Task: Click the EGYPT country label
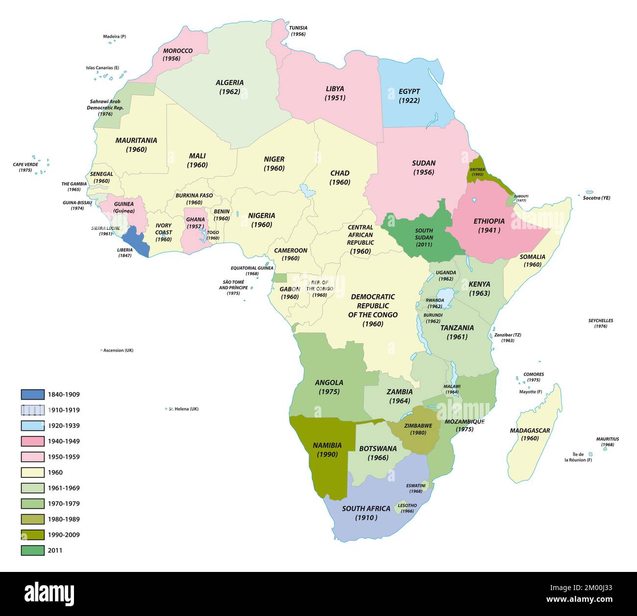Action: click(409, 92)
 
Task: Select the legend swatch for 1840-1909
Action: click(32, 394)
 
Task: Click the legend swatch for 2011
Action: click(32, 550)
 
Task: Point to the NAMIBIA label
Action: click(327, 446)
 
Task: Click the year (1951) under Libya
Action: click(335, 98)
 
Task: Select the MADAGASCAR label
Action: click(530, 430)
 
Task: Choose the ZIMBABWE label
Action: click(418, 426)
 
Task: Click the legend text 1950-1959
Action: click(64, 457)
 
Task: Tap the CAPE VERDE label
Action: click(25, 165)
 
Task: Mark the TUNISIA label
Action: click(298, 28)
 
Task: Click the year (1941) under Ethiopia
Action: click(489, 231)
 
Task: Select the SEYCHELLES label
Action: click(600, 321)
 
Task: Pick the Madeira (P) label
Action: click(114, 37)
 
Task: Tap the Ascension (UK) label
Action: click(118, 350)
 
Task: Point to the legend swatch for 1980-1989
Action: click(32, 519)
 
